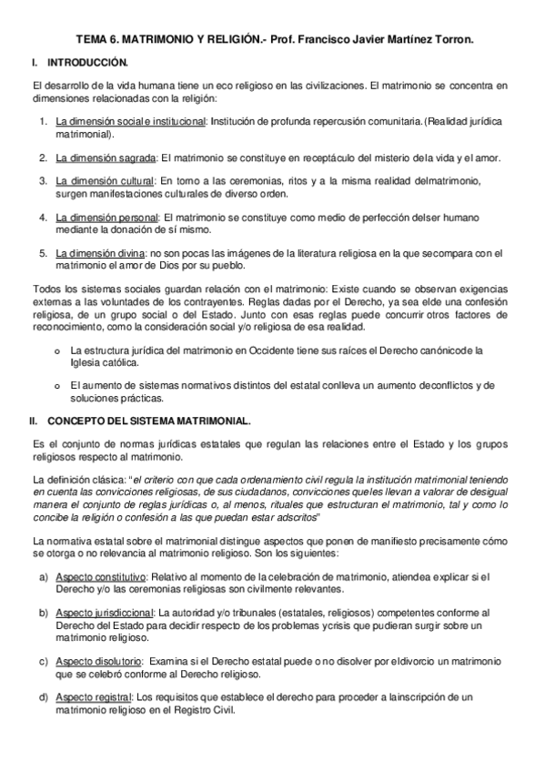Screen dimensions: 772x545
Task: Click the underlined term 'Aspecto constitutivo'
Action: (x=101, y=577)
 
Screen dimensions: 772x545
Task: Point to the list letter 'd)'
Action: (x=44, y=697)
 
